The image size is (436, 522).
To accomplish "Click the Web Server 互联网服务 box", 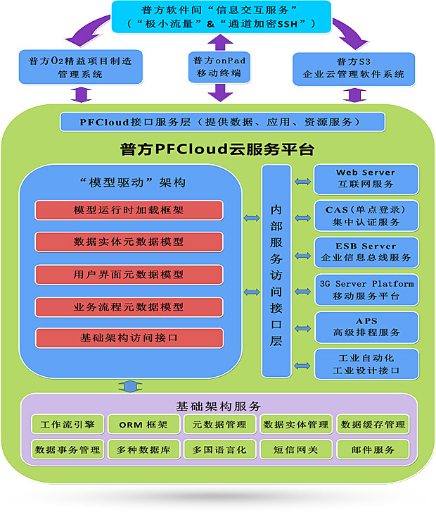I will [365, 179].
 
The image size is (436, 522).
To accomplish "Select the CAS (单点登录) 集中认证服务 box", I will [365, 216].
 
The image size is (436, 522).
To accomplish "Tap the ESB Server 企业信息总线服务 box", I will [365, 252].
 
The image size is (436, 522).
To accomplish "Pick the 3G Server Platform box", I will [365, 290].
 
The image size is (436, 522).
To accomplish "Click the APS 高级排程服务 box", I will [365, 326].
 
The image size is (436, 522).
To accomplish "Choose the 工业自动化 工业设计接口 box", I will [365, 363].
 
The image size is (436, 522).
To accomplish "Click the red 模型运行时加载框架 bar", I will [129, 210].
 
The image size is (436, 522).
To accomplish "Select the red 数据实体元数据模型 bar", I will [129, 242].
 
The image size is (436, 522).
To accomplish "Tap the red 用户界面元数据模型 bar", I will [129, 274].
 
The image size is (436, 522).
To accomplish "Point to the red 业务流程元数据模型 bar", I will [129, 306].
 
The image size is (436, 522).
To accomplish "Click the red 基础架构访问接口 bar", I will [129, 338].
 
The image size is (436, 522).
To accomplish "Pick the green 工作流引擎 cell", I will [67, 424].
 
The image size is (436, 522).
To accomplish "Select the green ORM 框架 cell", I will [143, 424].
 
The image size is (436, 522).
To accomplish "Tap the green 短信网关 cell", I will [295, 449].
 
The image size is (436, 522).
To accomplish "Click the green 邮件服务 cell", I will [372, 449].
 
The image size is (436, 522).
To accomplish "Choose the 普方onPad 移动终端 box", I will [220, 66].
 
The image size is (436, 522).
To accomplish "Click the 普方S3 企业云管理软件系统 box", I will [352, 68].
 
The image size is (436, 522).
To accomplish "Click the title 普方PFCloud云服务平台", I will [217, 149].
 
